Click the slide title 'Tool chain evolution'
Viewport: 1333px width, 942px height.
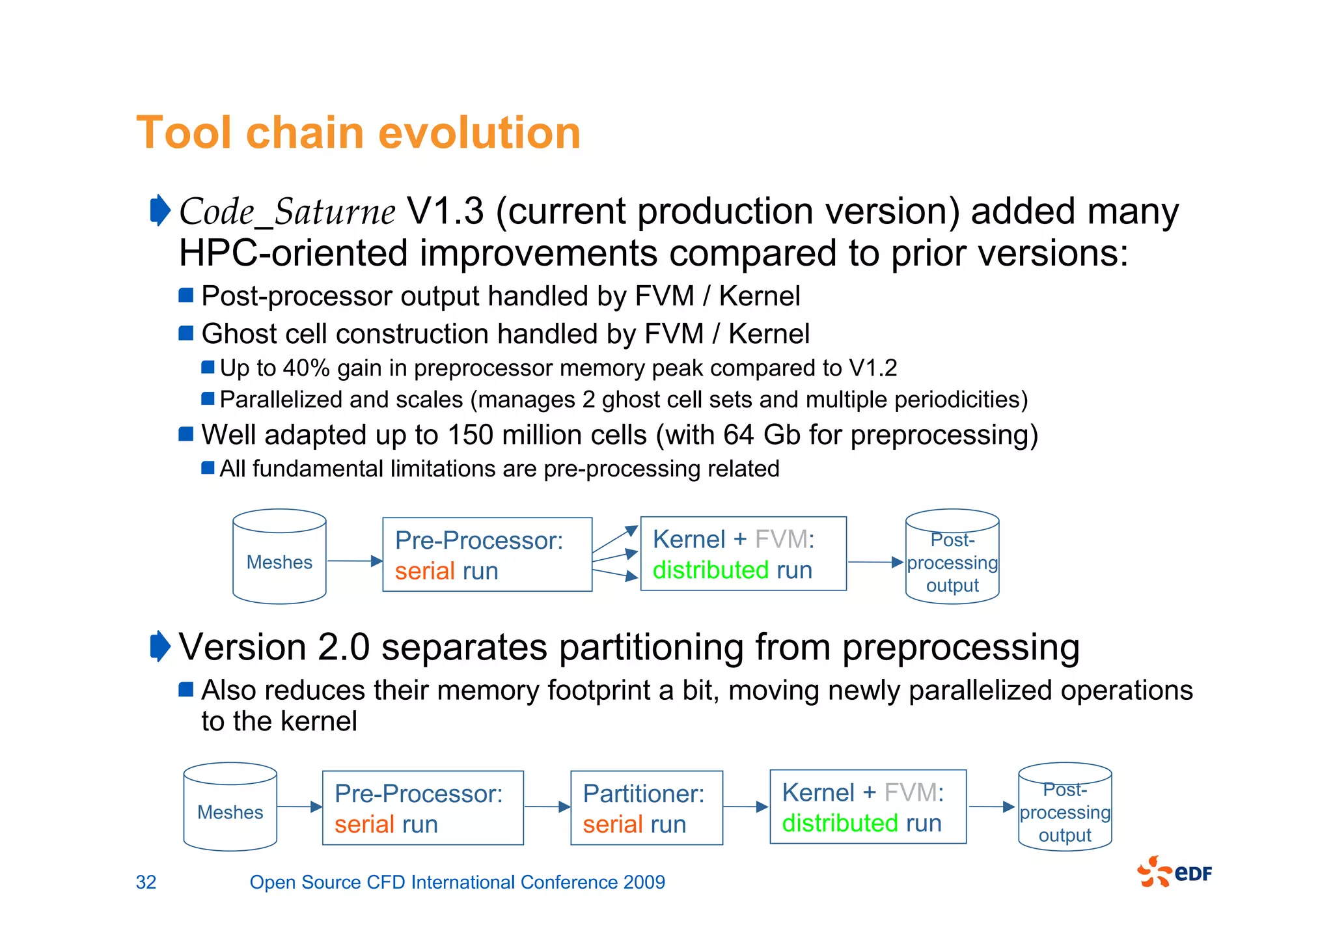[358, 133]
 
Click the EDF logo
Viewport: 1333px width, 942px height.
[1174, 872]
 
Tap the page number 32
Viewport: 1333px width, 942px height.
[146, 882]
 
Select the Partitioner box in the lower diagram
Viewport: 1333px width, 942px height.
[646, 808]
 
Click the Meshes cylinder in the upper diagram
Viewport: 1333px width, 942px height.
[279, 557]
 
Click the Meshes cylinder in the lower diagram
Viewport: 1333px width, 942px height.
[230, 807]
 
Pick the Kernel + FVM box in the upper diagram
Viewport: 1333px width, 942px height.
[743, 554]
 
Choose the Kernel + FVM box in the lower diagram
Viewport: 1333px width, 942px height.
[868, 807]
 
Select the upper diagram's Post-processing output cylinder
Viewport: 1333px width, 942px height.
[952, 557]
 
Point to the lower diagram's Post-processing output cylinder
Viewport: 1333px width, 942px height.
[1065, 807]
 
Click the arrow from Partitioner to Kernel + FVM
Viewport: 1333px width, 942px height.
[746, 807]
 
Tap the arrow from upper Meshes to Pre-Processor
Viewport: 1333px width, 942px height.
[355, 561]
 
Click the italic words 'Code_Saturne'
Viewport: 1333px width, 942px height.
[286, 212]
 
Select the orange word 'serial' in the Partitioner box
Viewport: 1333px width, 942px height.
[609, 825]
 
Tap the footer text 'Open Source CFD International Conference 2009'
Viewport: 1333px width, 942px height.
[457, 882]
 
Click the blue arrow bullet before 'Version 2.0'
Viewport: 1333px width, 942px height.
[159, 646]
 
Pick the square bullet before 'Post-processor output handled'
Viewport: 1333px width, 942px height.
[186, 296]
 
